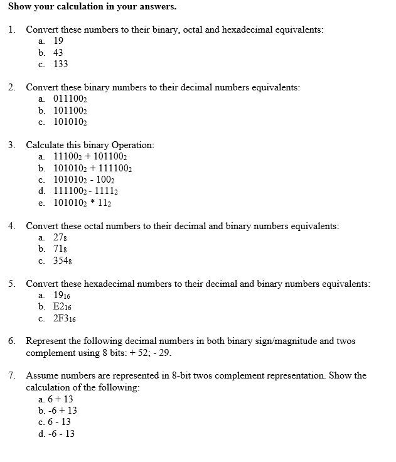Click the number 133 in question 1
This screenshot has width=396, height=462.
point(61,64)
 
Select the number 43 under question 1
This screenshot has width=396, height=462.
point(58,53)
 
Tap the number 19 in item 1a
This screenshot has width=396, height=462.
point(58,41)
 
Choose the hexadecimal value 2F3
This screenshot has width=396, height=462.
point(65,319)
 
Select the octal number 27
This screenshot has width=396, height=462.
point(60,238)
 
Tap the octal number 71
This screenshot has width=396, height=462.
point(60,249)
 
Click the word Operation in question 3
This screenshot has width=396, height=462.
point(132,145)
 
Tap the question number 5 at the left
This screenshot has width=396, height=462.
point(12,284)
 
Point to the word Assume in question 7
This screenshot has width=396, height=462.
point(41,376)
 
